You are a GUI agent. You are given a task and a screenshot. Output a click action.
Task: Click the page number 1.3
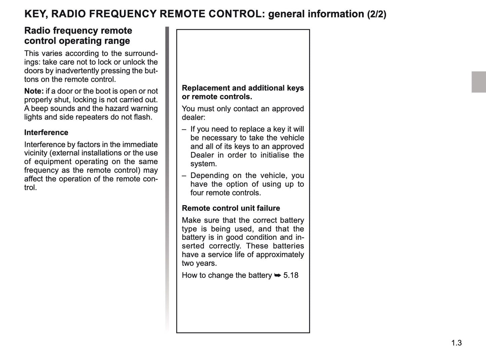(x=456, y=343)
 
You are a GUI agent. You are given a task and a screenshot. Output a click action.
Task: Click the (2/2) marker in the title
(x=376, y=14)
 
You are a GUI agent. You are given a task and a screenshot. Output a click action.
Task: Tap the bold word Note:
(x=34, y=91)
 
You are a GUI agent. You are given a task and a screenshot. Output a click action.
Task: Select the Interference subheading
(x=46, y=133)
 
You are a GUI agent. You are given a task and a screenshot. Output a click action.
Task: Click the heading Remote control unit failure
(x=231, y=208)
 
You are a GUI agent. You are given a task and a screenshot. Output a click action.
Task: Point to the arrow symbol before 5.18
(x=277, y=275)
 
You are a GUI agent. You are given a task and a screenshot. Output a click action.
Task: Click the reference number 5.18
(x=291, y=275)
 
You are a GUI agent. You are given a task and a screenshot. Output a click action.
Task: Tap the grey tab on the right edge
(x=479, y=82)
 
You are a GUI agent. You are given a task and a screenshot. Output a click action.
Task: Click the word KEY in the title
(x=35, y=14)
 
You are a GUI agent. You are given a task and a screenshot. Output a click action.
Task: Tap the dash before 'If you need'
(x=184, y=129)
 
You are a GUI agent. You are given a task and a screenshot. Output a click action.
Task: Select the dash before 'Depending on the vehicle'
(x=184, y=176)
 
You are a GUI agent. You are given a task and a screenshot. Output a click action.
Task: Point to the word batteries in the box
(x=288, y=246)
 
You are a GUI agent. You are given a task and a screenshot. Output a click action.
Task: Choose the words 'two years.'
(x=199, y=263)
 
